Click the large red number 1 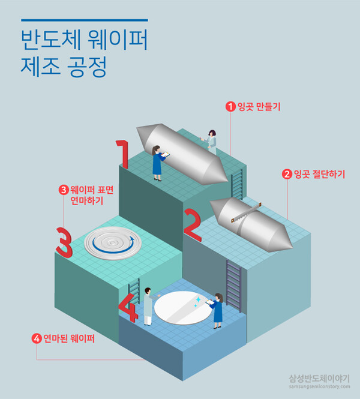tap(122, 154)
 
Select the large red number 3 tap(64, 241)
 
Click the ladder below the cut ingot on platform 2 tap(233, 286)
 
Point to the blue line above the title tap(83, 20)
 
